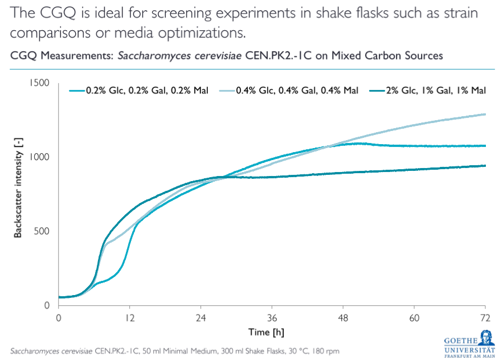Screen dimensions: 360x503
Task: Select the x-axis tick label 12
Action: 130,317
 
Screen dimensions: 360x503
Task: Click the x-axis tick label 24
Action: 201,317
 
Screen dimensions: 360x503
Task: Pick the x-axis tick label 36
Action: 272,317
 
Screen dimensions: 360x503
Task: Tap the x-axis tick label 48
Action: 343,317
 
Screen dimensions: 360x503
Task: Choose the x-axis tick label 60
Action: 414,317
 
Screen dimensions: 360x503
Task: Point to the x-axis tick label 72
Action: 485,317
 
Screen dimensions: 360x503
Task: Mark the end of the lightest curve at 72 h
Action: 485,114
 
